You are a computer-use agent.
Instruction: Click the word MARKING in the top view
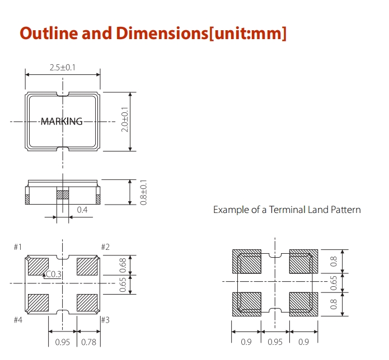(x=62, y=121)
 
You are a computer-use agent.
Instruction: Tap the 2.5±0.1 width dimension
(x=63, y=68)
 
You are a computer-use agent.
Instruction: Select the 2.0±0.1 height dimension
(x=125, y=121)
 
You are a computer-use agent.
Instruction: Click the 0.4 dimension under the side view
(x=82, y=210)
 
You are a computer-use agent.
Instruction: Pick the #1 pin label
(x=18, y=247)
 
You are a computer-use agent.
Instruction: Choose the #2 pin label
(x=105, y=247)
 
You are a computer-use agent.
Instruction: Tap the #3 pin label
(x=105, y=320)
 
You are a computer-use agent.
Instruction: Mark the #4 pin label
(x=18, y=320)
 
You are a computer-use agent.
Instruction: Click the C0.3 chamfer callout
(x=54, y=274)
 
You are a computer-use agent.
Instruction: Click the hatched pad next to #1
(x=39, y=266)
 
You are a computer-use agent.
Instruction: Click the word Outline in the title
(x=48, y=33)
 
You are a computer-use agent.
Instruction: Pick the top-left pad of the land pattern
(x=247, y=260)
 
